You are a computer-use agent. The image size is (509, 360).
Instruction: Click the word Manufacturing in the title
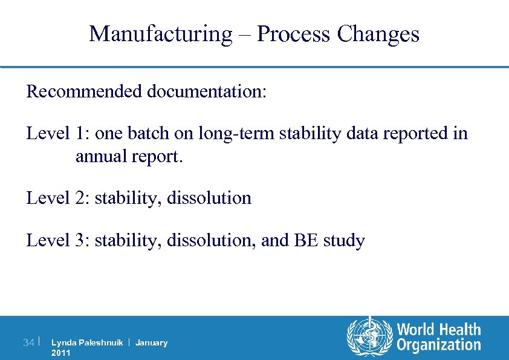[x=160, y=34]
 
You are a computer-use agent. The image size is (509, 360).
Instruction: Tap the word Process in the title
[x=294, y=34]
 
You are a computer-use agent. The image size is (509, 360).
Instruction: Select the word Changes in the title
[x=378, y=34]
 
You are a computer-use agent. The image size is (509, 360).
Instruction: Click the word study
[x=343, y=241]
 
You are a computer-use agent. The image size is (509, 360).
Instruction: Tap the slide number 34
[x=28, y=343]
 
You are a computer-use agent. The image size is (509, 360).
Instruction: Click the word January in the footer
[x=151, y=343]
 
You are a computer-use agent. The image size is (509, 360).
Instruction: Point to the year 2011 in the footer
[x=60, y=353]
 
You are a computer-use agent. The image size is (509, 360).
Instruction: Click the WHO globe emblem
[x=368, y=337]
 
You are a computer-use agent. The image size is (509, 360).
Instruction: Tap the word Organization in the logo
[x=438, y=345]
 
